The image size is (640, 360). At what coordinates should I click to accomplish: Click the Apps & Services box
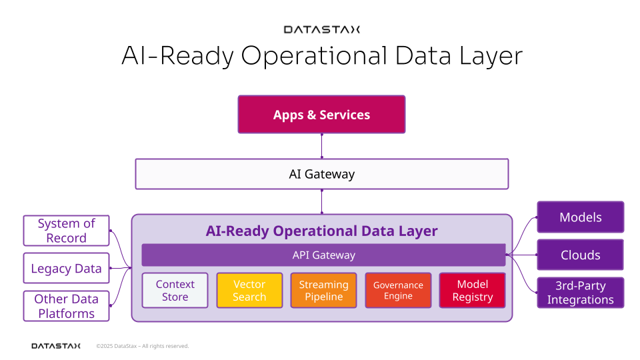tap(321, 114)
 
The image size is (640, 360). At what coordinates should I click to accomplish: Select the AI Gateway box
tap(321, 174)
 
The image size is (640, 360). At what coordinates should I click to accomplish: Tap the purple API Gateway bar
tap(323, 255)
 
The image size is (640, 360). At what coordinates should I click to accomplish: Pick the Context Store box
tap(175, 290)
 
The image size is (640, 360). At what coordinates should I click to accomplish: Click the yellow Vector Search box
tap(249, 290)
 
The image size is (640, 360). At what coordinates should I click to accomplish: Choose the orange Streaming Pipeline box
tap(324, 290)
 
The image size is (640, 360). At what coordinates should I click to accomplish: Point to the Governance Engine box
tap(398, 290)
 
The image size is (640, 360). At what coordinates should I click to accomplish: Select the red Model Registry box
tap(472, 290)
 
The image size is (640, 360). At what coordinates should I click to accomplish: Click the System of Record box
tap(66, 231)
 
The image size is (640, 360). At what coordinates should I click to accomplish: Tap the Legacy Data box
tap(66, 268)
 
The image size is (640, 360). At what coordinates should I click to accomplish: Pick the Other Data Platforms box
tap(66, 306)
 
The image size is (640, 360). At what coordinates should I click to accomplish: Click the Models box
tap(581, 217)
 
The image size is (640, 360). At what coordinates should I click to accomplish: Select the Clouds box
tap(581, 255)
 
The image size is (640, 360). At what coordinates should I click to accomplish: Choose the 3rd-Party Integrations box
tap(581, 293)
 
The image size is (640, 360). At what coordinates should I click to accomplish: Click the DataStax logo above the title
tap(321, 29)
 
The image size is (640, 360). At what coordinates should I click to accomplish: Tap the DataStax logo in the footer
tap(56, 346)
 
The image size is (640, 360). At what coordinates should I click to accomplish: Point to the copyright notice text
tap(143, 346)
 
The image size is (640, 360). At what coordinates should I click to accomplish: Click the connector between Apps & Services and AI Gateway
tap(321, 146)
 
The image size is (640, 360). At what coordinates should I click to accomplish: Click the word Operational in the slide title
tap(314, 56)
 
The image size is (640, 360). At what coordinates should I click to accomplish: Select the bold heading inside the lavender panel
tap(321, 231)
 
